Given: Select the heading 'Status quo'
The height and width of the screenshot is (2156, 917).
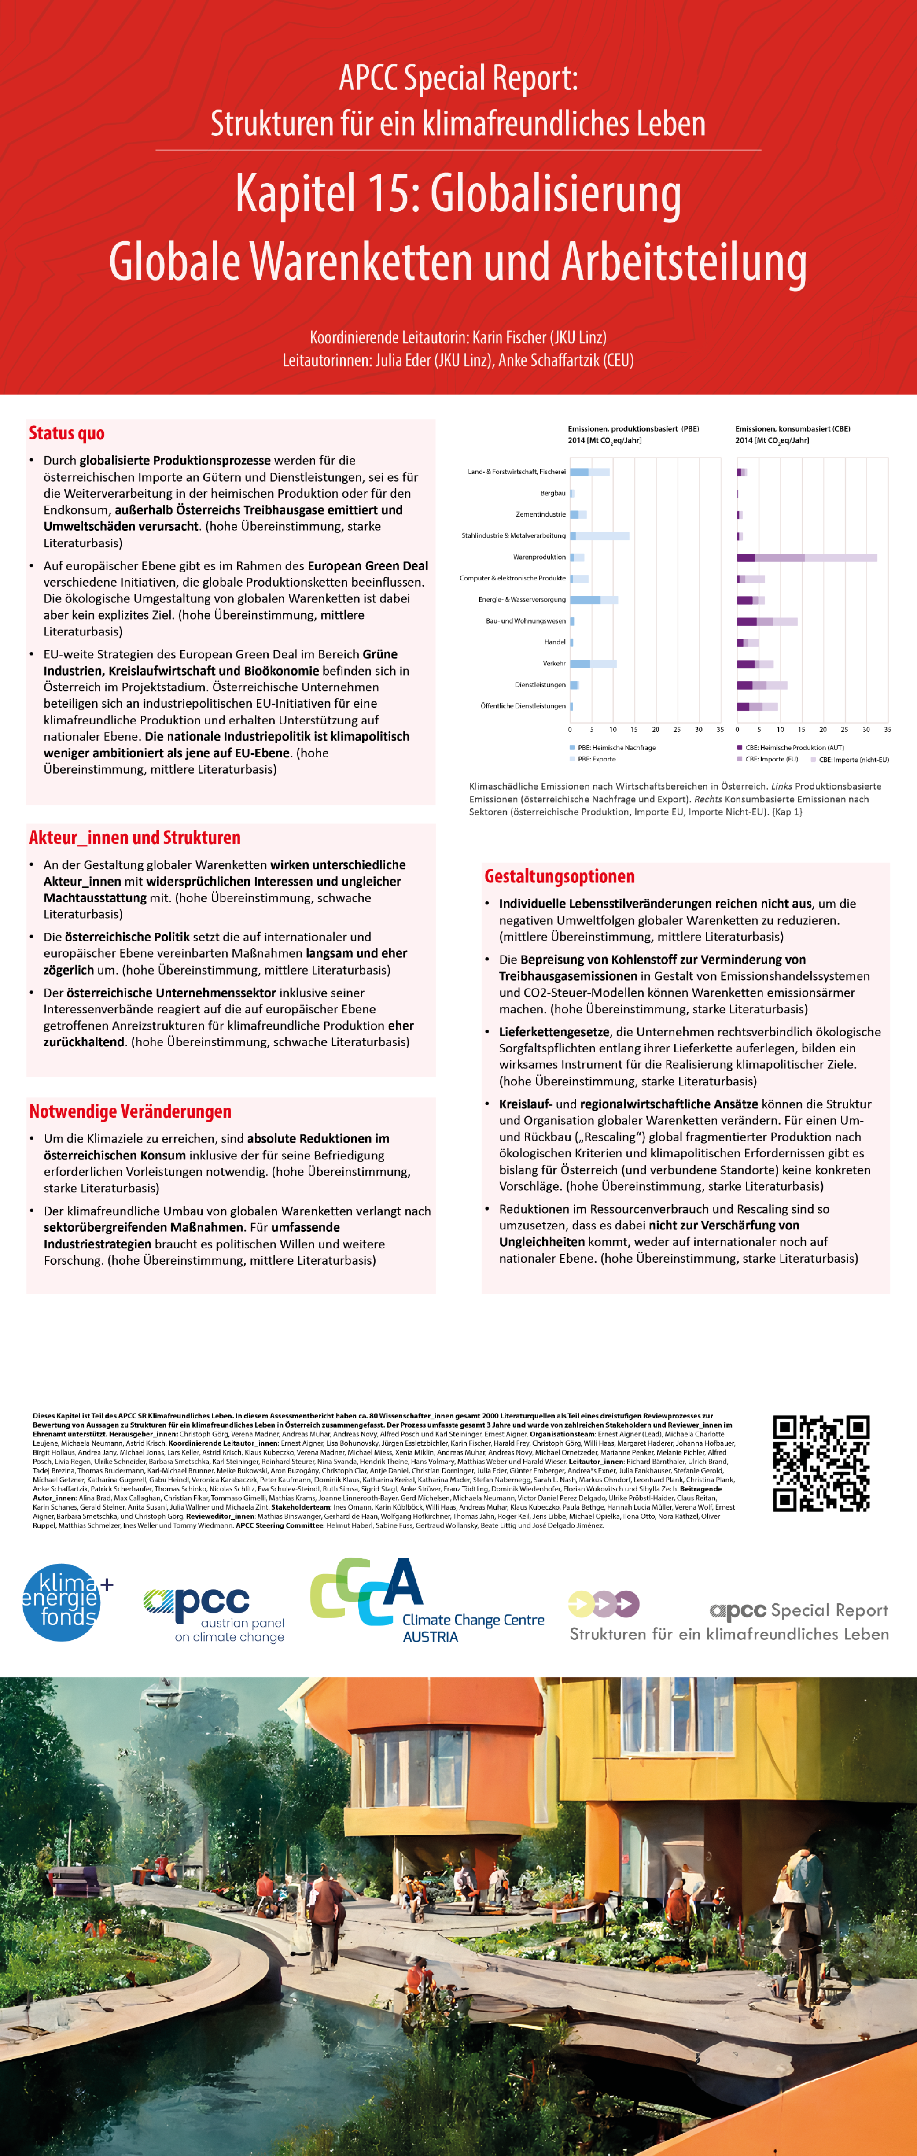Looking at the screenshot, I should (x=67, y=434).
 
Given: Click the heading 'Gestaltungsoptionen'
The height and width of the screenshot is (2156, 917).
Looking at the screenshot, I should (x=559, y=876).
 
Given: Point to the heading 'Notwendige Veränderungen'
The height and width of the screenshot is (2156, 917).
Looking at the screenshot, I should (x=130, y=1111).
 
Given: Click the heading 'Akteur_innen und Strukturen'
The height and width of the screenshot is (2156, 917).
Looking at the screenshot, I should (x=135, y=838).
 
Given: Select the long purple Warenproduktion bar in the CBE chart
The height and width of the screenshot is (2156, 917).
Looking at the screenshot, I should (x=807, y=557).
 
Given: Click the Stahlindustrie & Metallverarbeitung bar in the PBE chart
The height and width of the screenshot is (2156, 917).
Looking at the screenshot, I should (x=600, y=535).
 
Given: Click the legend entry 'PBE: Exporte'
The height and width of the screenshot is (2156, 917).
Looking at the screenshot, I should (x=597, y=759).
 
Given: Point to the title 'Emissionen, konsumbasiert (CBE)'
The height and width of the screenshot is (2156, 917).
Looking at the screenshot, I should (x=792, y=428).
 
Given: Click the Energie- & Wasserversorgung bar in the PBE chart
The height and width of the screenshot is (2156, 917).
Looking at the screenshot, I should (x=594, y=600).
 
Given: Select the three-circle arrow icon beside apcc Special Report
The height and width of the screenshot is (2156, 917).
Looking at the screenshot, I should (x=603, y=1604).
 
